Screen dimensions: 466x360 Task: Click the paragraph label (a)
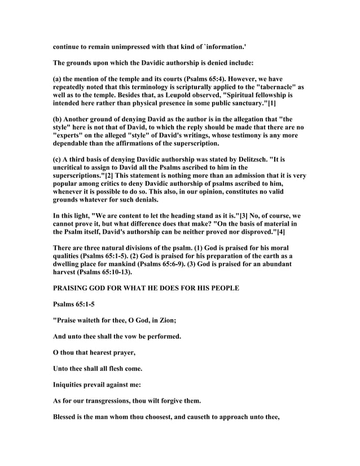click(58, 78)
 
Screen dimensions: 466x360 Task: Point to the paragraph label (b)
click(58, 118)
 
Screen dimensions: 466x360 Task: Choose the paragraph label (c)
click(58, 159)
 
